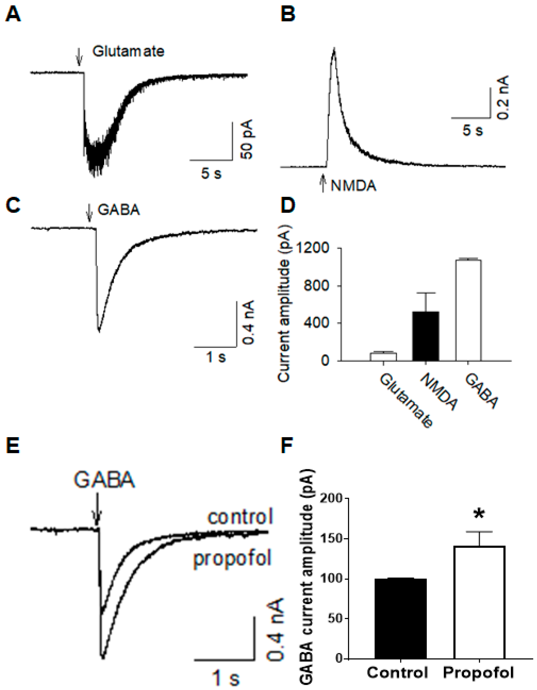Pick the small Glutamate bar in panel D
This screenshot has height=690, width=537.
383,356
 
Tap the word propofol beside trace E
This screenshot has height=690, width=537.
232,558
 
